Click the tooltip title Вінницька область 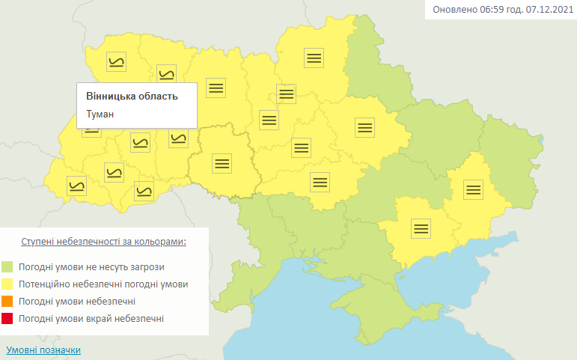point(132,97)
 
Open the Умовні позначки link point(43,350)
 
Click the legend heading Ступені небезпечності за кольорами point(104,242)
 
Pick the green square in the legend point(7,266)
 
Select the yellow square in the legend point(7,284)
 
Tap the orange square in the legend point(7,302)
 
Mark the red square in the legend point(7,319)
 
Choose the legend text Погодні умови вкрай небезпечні point(91,319)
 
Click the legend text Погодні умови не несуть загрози point(92,266)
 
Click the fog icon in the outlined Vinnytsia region point(221,162)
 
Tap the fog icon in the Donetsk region point(472,189)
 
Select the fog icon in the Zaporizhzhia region point(421,228)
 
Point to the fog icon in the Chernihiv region point(314,58)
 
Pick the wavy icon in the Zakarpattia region point(76,185)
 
